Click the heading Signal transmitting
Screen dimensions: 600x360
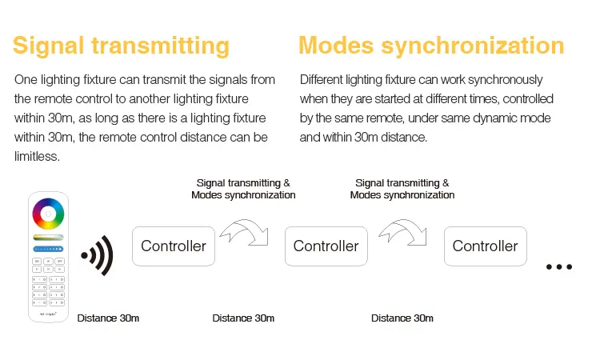pyautogui.click(x=121, y=46)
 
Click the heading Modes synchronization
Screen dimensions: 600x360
pyautogui.click(x=431, y=46)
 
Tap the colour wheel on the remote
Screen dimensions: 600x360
pyautogui.click(x=48, y=214)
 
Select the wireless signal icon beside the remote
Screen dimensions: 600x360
pyautogui.click(x=98, y=255)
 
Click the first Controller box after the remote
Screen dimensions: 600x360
pyautogui.click(x=174, y=246)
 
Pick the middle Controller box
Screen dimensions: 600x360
pyautogui.click(x=326, y=246)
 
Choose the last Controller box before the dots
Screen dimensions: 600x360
pyautogui.click(x=486, y=246)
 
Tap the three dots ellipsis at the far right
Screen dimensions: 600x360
pyautogui.click(x=559, y=266)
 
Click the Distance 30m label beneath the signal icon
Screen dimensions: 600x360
pyautogui.click(x=108, y=318)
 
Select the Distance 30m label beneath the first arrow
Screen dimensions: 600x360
pyautogui.click(x=243, y=318)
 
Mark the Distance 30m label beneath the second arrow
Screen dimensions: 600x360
pyautogui.click(x=402, y=318)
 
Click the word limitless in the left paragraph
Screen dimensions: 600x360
pyautogui.click(x=37, y=156)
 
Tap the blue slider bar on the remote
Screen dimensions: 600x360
pyautogui.click(x=48, y=249)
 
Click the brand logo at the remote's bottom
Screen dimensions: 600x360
pyautogui.click(x=48, y=314)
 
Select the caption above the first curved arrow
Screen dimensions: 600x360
pyautogui.click(x=243, y=189)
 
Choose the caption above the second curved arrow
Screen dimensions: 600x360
pyautogui.click(x=402, y=189)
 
